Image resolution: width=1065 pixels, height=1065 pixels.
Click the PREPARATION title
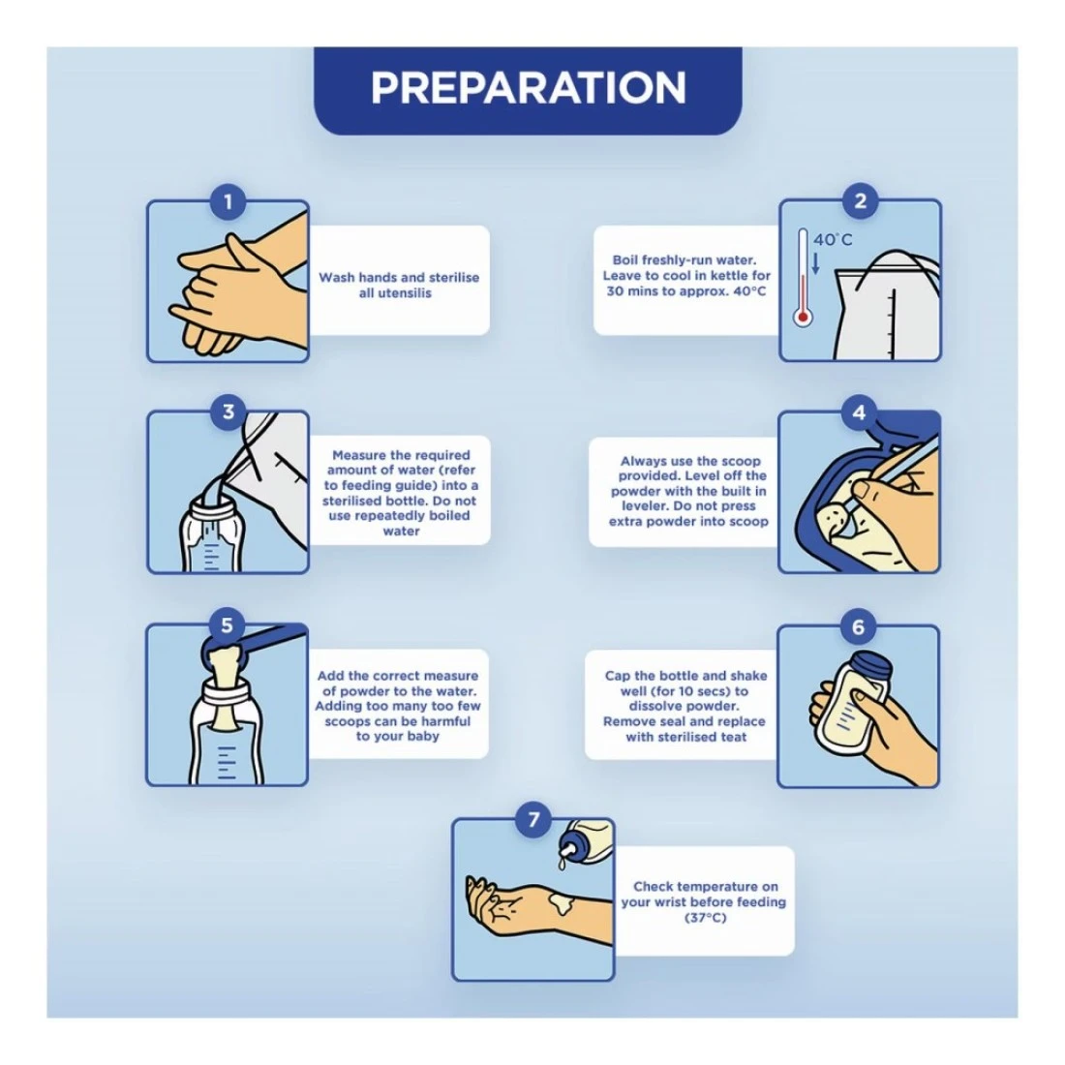click(x=528, y=87)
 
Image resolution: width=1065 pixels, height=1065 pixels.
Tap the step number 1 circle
click(x=228, y=201)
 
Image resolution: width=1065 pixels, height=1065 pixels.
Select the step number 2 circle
click(x=860, y=201)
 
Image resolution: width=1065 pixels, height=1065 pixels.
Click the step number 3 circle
click(x=228, y=411)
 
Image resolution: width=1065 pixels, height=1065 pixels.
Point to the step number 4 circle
click(x=859, y=412)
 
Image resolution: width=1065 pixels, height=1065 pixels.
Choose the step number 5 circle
click(x=227, y=625)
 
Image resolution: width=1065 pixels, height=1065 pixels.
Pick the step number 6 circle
click(x=858, y=626)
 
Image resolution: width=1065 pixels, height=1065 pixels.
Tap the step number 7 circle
click(x=533, y=820)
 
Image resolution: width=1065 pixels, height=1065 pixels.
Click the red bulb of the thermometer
click(x=803, y=317)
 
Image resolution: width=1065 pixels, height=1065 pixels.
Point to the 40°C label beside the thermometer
click(x=833, y=240)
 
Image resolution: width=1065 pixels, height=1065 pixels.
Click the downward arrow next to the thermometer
click(x=816, y=263)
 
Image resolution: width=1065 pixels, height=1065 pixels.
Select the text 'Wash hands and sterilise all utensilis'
click(x=399, y=286)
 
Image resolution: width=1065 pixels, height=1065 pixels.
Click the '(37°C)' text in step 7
click(x=705, y=918)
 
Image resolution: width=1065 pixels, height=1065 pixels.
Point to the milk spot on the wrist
click(x=562, y=902)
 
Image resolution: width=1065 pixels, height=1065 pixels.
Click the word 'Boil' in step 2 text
click(x=625, y=259)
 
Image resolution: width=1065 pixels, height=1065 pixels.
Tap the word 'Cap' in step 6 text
click(x=618, y=677)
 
